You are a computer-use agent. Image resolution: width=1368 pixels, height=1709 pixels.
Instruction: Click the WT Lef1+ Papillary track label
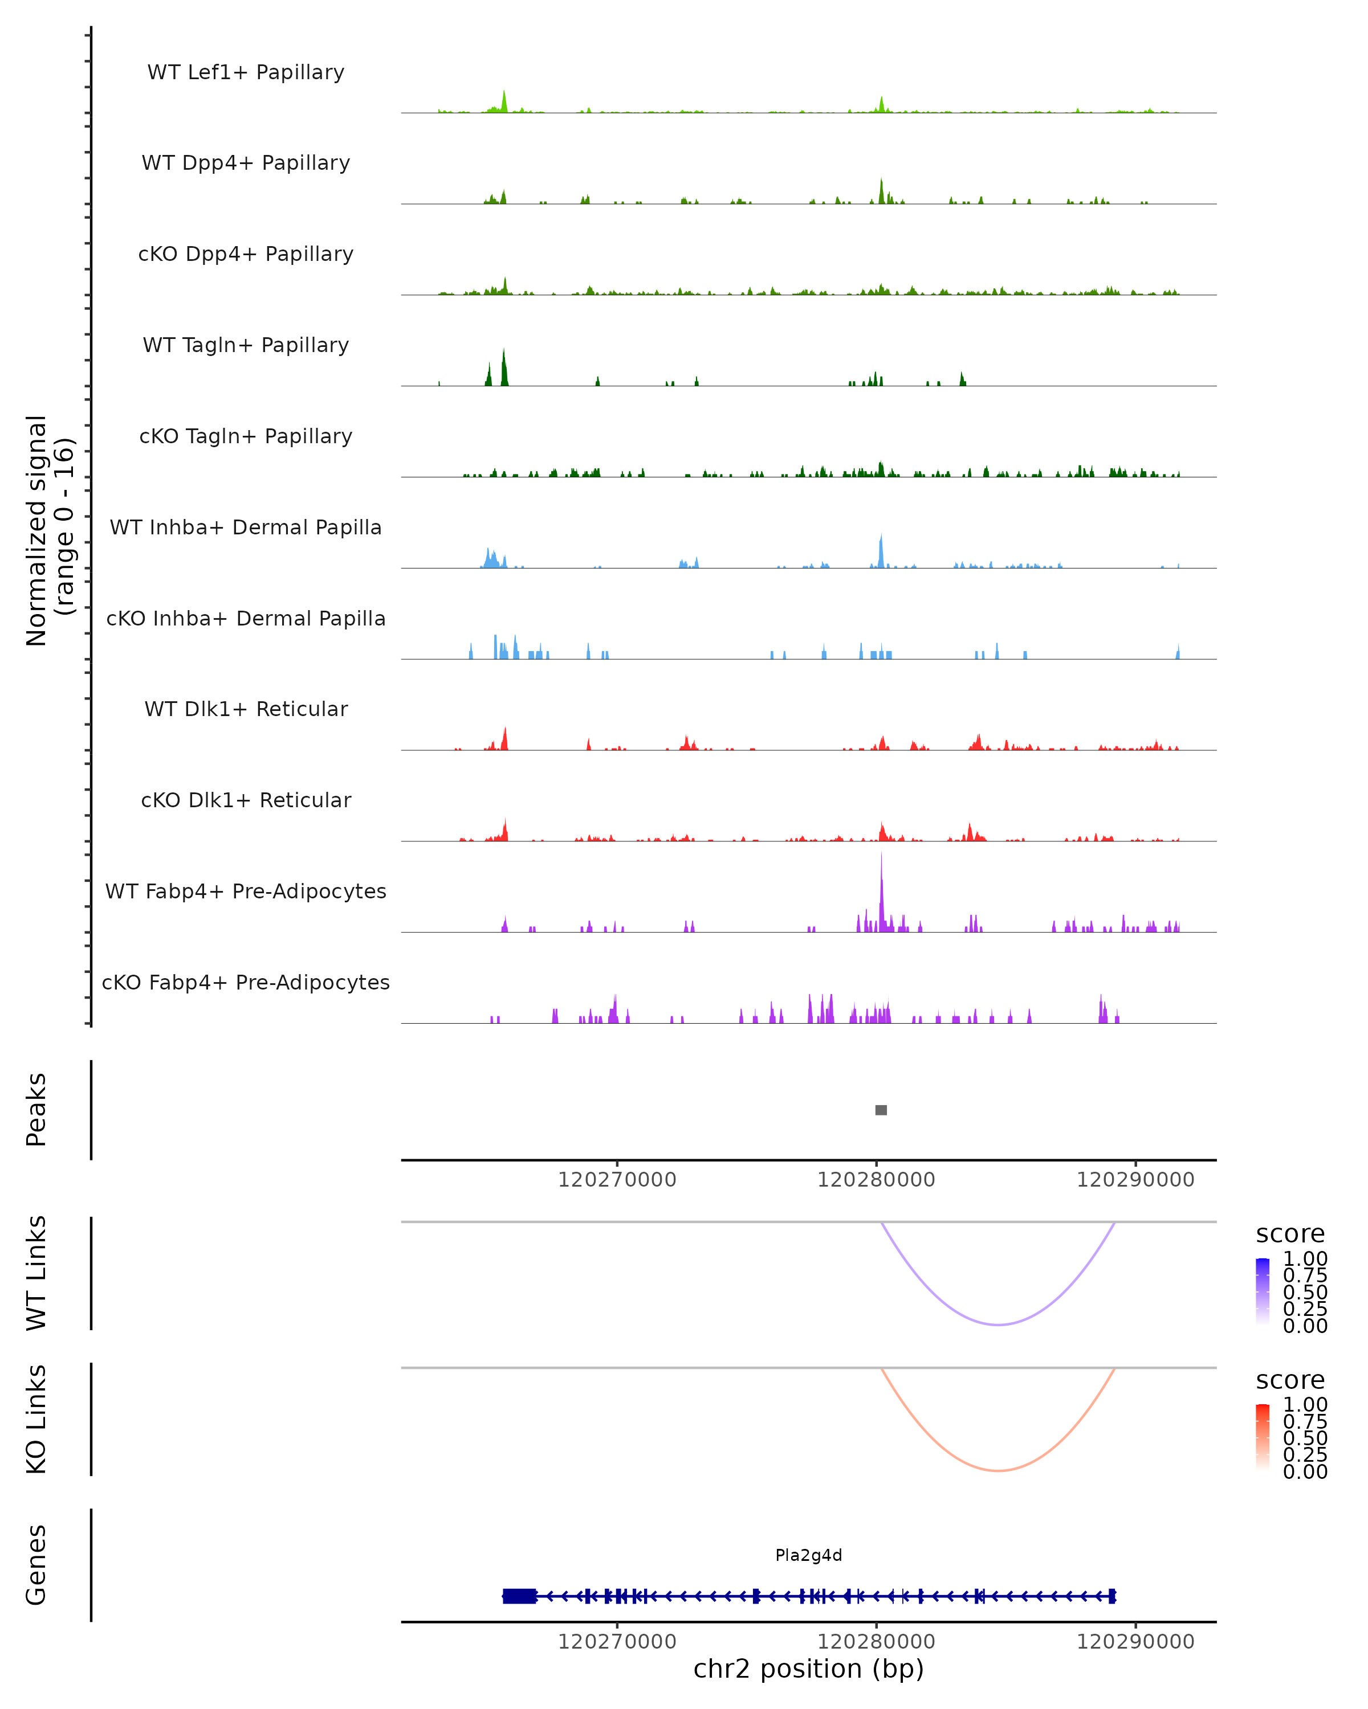[x=246, y=72]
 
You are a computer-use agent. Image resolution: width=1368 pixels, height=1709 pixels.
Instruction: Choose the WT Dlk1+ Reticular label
[x=246, y=709]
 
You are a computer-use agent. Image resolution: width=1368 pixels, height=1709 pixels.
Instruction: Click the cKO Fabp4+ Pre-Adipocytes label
[x=246, y=982]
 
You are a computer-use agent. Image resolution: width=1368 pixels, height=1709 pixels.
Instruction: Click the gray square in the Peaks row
[x=881, y=1110]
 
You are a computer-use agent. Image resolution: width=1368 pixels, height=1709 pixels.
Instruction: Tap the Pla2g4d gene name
[x=808, y=1555]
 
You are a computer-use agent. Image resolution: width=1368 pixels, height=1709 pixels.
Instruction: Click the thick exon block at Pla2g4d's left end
[x=519, y=1596]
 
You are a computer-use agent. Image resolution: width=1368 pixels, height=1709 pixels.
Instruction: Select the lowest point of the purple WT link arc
[x=999, y=1324]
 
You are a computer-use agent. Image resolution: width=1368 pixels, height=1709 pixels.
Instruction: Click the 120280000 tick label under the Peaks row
[x=876, y=1180]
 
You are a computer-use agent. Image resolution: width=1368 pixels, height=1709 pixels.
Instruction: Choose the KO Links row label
[x=36, y=1419]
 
